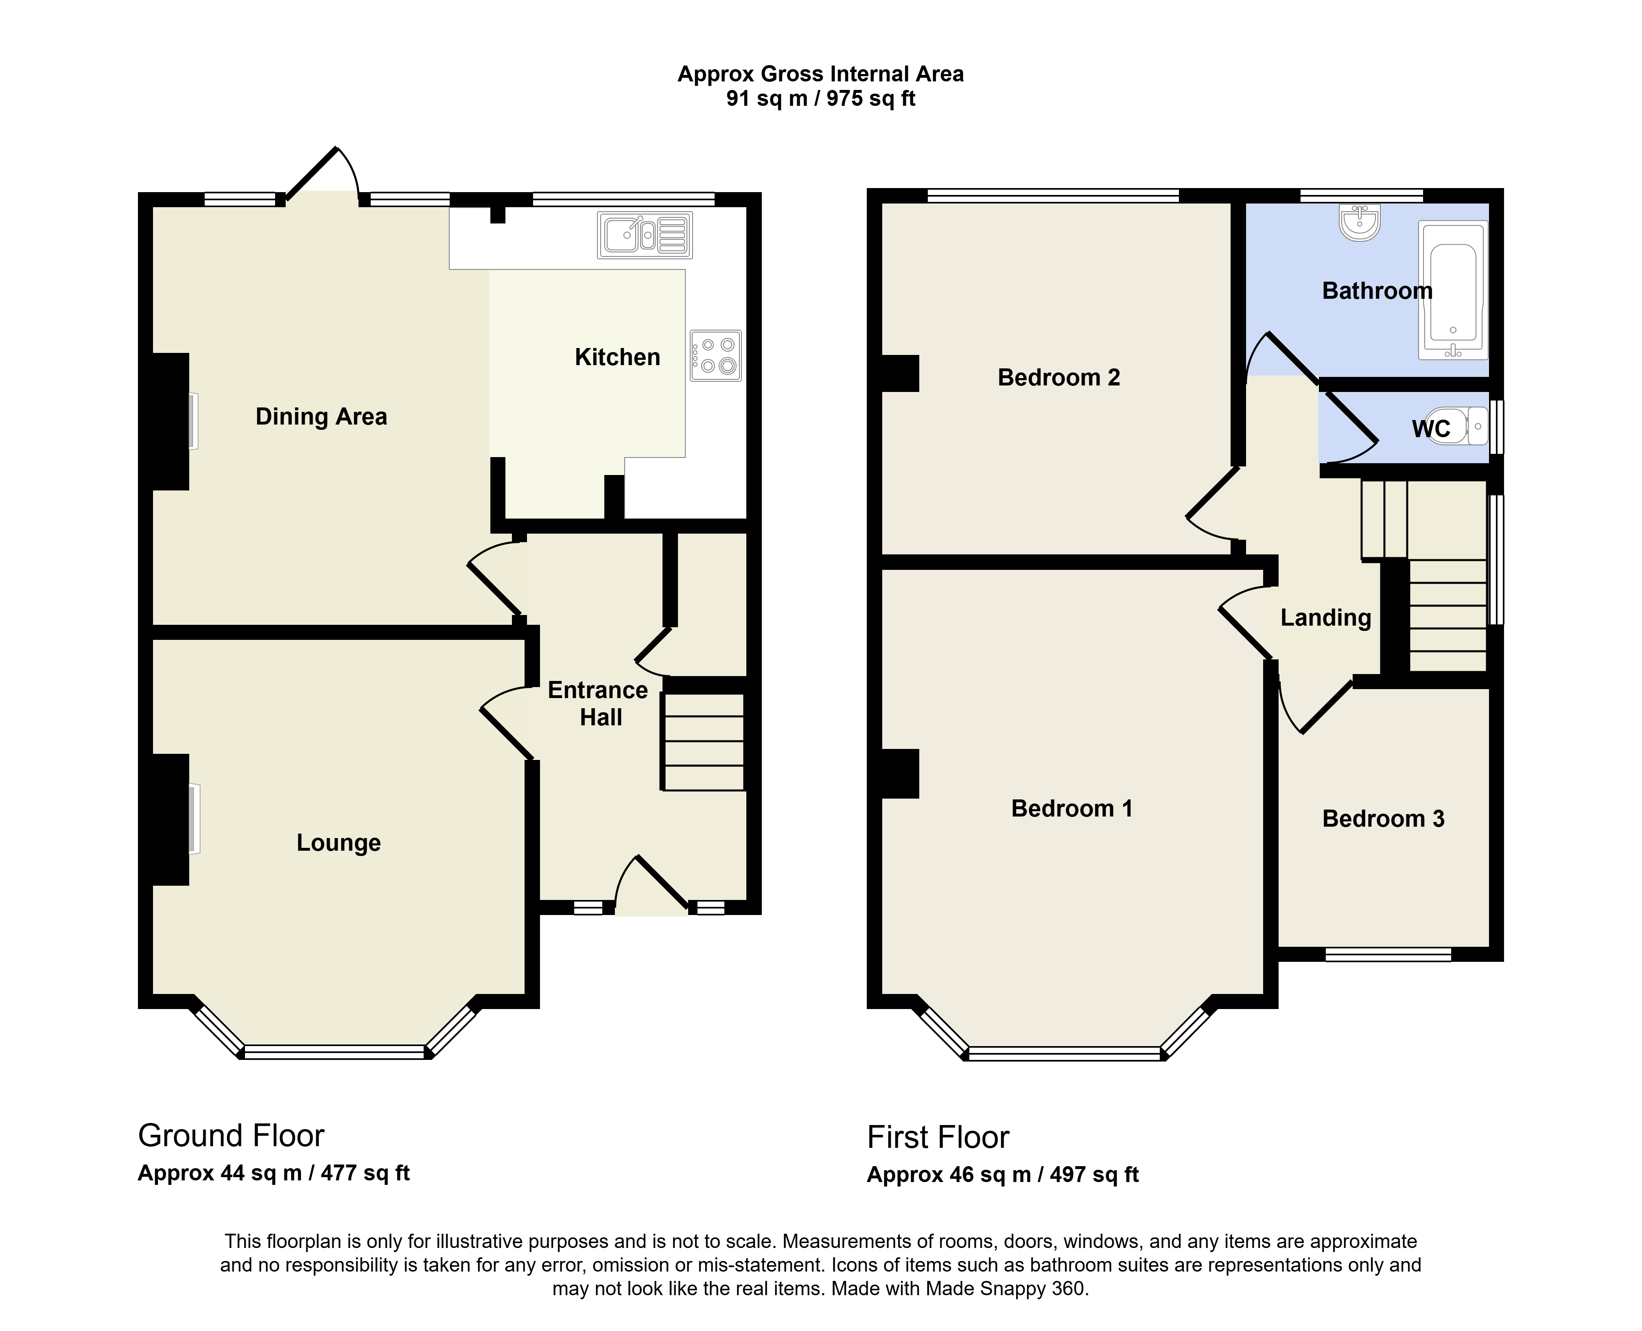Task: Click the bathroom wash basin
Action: pyautogui.click(x=1359, y=221)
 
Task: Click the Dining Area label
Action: pyautogui.click(x=321, y=416)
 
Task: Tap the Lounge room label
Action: pyautogui.click(x=339, y=843)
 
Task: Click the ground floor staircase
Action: pyautogui.click(x=704, y=741)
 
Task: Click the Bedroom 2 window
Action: pyautogui.click(x=1052, y=195)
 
